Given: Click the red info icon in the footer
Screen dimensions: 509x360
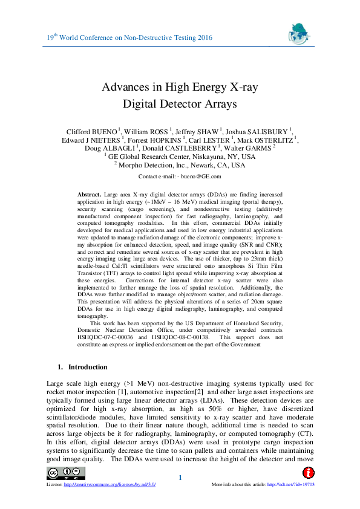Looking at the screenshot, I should coord(307,472).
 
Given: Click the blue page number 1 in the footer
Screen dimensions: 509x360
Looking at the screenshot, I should coord(180,479).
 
